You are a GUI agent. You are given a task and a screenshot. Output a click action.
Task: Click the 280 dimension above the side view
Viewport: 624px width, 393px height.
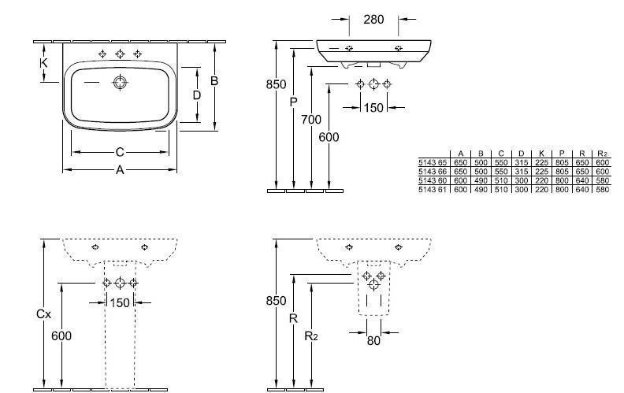coord(374,19)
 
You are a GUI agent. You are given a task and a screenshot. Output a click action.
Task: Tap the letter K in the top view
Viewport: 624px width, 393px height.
coord(44,62)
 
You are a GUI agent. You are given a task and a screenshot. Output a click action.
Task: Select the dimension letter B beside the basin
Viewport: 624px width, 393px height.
coord(214,80)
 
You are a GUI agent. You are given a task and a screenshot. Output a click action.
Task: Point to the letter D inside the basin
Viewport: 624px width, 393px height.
coord(197,95)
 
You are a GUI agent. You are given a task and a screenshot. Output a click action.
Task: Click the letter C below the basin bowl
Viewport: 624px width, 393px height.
coord(121,151)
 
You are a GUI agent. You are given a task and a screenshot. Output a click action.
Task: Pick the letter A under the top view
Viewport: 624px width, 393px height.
coord(120,169)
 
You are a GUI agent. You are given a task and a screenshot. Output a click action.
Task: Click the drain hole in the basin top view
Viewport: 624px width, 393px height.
coord(120,82)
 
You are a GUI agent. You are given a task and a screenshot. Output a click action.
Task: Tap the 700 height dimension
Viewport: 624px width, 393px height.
coord(311,120)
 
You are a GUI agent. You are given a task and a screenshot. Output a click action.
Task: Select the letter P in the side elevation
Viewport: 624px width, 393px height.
coord(293,102)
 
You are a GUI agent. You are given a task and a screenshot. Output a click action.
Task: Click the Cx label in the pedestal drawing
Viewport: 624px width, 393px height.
coord(43,313)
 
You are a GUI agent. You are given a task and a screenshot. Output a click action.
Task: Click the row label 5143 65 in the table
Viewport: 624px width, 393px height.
coord(431,161)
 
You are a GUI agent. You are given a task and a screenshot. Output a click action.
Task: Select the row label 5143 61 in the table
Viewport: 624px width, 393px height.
coord(431,190)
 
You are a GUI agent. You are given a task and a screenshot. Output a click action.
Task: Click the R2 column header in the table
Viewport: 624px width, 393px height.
coord(603,152)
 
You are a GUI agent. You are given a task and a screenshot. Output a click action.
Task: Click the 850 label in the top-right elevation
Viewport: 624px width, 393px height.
coord(276,85)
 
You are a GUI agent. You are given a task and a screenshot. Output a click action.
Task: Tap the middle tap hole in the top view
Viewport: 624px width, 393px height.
coord(120,54)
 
